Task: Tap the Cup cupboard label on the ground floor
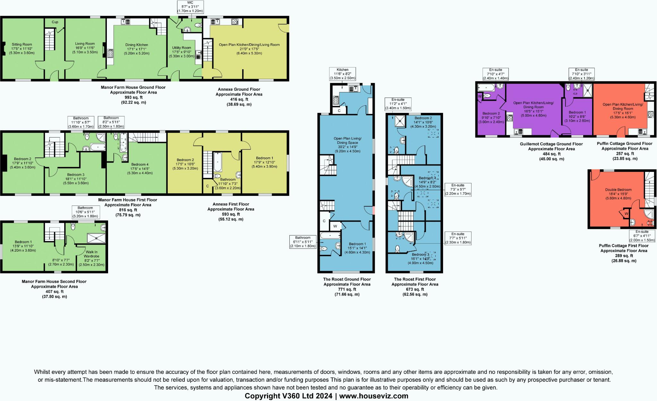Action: [x=55, y=22]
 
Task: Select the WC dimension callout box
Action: [x=190, y=7]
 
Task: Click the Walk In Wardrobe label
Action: [x=91, y=254]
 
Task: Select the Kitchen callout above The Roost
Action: [x=342, y=74]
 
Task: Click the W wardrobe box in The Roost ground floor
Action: [x=335, y=226]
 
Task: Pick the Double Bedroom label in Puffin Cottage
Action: [x=618, y=190]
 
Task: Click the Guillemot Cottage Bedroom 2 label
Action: [x=491, y=113]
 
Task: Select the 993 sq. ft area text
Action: [x=133, y=97]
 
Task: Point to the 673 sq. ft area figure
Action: [x=415, y=289]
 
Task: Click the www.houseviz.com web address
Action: [x=374, y=396]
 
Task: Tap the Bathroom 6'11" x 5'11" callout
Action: [x=303, y=242]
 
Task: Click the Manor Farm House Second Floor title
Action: [x=54, y=281]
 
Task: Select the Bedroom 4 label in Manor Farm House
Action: [x=140, y=164]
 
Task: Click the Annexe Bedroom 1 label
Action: [x=264, y=158]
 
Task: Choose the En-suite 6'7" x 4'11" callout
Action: [x=642, y=236]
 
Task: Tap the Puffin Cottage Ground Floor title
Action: [x=624, y=144]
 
